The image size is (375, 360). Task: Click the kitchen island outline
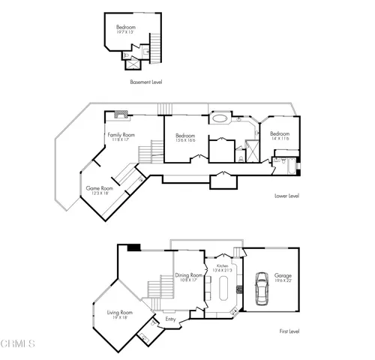click(x=223, y=288)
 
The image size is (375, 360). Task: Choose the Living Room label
click(x=118, y=314)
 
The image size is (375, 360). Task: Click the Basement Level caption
click(x=145, y=82)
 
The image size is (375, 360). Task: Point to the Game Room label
click(x=99, y=190)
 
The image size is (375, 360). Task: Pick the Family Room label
click(x=120, y=136)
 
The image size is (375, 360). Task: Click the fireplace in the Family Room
click(x=120, y=115)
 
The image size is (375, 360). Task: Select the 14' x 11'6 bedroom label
click(x=280, y=136)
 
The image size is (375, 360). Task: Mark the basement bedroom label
click(x=124, y=30)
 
